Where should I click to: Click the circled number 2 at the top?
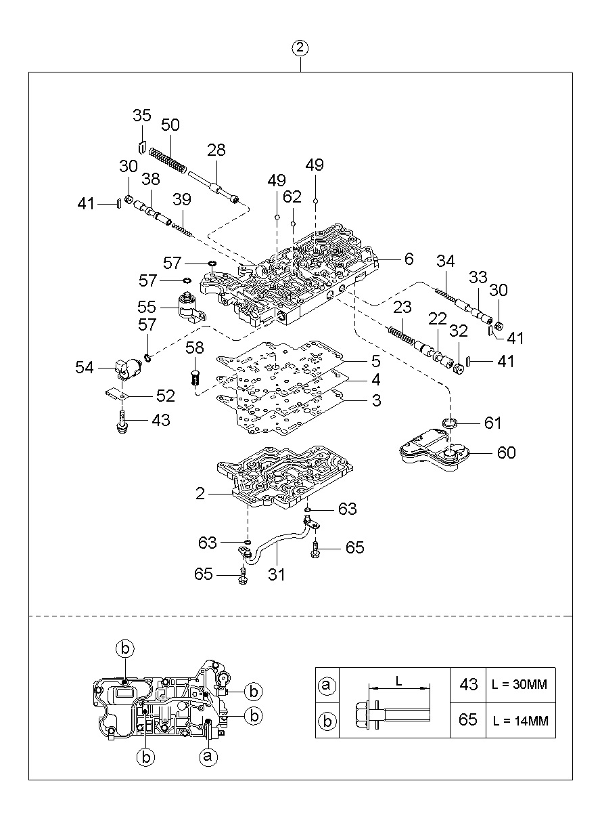pyautogui.click(x=300, y=48)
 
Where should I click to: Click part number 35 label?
pyautogui.click(x=141, y=116)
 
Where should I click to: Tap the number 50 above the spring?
pyautogui.click(x=170, y=125)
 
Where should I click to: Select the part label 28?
pyautogui.click(x=216, y=150)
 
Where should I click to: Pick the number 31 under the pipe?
pyautogui.click(x=276, y=574)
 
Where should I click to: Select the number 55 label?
pyautogui.click(x=147, y=306)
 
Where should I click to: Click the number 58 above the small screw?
pyautogui.click(x=195, y=348)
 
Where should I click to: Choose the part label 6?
pyautogui.click(x=409, y=259)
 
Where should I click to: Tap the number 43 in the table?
pyautogui.click(x=468, y=685)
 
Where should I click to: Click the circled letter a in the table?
pyautogui.click(x=327, y=686)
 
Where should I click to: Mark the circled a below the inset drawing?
pyautogui.click(x=208, y=756)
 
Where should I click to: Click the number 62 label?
pyautogui.click(x=292, y=197)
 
